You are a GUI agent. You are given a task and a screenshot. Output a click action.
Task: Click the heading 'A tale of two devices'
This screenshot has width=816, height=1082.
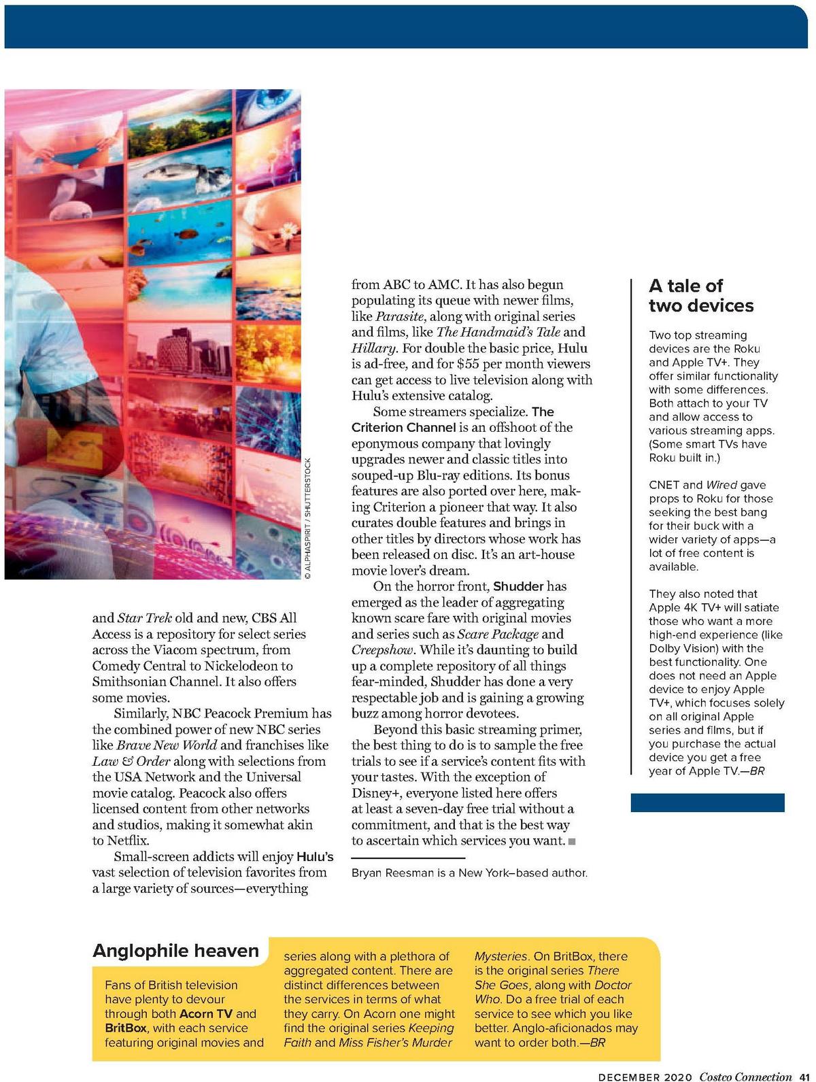tap(700, 296)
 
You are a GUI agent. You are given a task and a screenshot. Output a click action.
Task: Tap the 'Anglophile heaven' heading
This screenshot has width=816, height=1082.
tap(175, 951)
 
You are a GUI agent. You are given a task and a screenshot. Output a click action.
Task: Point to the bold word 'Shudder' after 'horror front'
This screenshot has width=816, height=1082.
tap(518, 586)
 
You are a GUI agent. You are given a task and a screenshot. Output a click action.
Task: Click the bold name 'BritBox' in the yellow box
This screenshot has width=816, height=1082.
tap(126, 1028)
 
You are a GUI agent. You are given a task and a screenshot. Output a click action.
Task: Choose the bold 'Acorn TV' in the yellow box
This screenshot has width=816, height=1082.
tap(206, 1014)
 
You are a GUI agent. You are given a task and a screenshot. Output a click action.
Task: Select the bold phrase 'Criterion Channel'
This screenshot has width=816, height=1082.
tap(403, 428)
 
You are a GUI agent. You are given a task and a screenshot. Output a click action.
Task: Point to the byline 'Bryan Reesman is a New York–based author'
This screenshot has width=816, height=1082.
tap(469, 873)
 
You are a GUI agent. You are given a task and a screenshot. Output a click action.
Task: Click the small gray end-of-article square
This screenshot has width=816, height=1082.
tap(572, 842)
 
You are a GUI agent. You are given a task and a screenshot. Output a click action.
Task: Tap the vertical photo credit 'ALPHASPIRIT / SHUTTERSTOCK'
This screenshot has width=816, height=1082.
tap(307, 518)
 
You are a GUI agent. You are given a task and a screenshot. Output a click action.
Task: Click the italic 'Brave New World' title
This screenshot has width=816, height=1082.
tap(167, 745)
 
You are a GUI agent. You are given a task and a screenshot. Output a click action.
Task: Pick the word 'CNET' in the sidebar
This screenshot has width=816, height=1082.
tap(664, 485)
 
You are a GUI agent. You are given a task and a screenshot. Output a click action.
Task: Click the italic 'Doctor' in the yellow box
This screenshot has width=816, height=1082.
tap(613, 985)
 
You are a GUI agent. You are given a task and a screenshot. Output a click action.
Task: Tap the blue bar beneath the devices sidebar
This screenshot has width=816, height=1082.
tap(707, 802)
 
